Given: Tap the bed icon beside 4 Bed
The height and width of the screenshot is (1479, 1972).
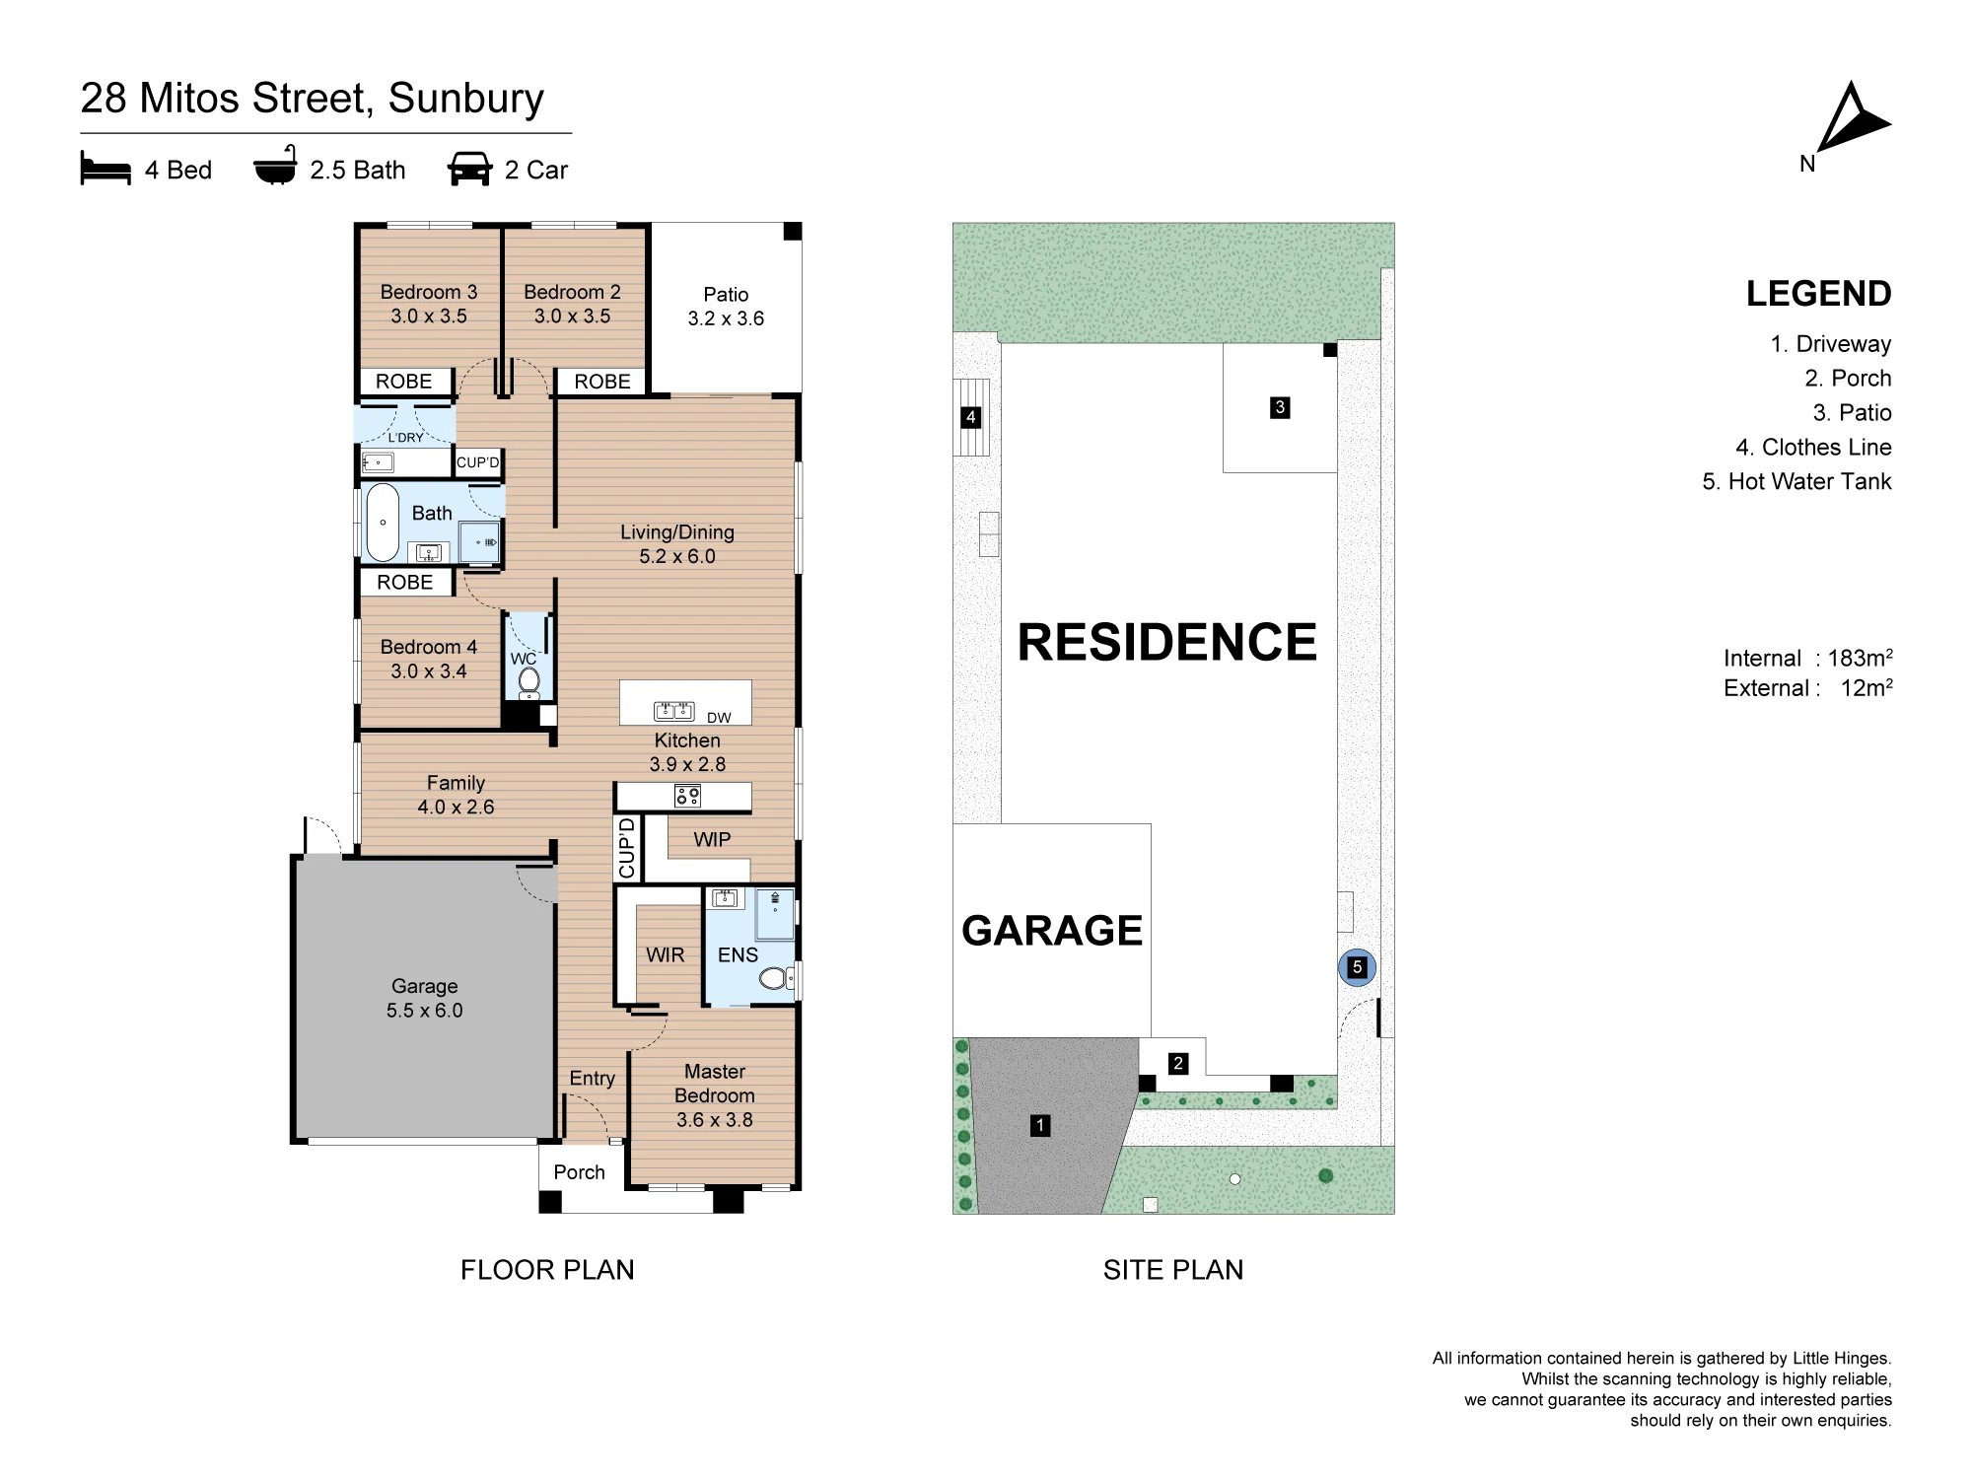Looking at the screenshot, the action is [106, 169].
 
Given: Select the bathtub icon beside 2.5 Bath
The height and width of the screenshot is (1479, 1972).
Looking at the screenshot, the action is [275, 166].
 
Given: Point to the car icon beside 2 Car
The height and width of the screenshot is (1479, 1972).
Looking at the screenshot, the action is [469, 169].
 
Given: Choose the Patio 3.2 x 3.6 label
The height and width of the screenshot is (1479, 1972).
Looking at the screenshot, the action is [726, 307].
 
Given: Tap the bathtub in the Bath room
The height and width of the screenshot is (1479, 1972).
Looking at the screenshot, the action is [383, 522].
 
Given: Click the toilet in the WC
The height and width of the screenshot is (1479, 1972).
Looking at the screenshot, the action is [529, 680].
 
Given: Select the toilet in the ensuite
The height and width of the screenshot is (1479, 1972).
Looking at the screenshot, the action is [776, 977].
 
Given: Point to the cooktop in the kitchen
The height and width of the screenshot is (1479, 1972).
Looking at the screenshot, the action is [687, 796].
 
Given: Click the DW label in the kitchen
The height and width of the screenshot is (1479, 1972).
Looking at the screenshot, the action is [719, 718].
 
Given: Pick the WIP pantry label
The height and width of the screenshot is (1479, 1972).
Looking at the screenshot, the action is [712, 839].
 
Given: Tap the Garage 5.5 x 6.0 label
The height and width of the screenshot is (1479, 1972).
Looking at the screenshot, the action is [425, 998].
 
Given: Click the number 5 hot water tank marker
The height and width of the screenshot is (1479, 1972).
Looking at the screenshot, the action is [1357, 967].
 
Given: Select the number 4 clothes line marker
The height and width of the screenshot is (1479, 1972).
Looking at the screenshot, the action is [971, 417].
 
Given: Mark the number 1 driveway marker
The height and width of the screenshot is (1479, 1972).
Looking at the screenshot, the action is [1039, 1125].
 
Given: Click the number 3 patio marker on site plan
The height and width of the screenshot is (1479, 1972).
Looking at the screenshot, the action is [1280, 407].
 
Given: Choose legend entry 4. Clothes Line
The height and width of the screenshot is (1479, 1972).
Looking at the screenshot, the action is [1813, 448].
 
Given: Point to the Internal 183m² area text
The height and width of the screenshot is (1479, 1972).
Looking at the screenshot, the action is [1807, 658].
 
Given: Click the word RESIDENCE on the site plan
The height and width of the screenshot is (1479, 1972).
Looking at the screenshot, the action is [1167, 643].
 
